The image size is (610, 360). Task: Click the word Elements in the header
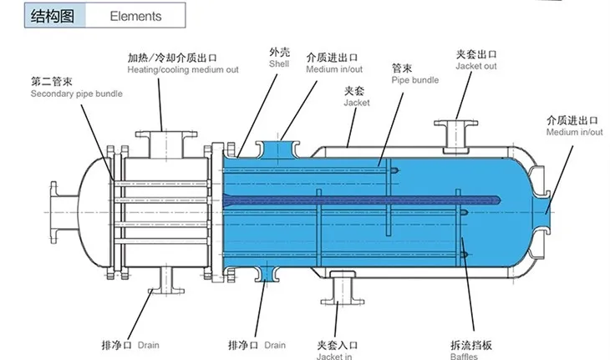tap(136, 16)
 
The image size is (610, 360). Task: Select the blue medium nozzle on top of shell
tap(278, 147)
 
